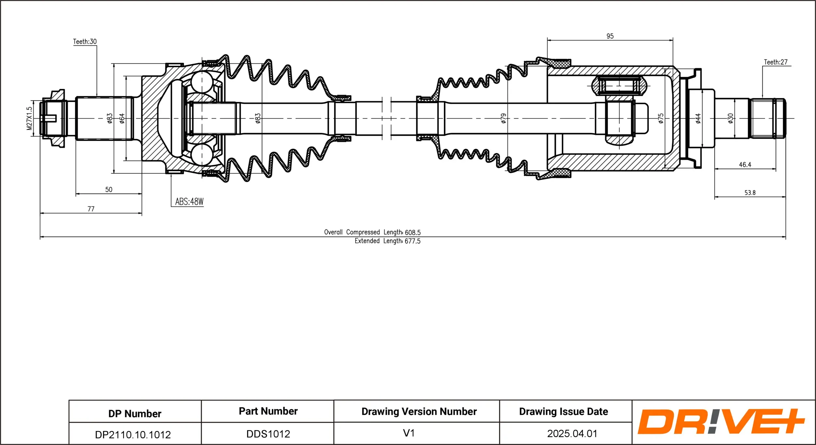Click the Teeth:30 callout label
click(x=85, y=41)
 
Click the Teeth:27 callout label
click(x=776, y=62)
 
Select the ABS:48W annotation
click(x=189, y=202)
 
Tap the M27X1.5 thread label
click(x=29, y=118)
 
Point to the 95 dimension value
click(x=610, y=36)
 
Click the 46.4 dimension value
click(x=745, y=165)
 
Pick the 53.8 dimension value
click(x=750, y=193)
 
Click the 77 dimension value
click(x=91, y=209)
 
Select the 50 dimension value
click(x=109, y=190)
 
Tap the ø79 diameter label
click(x=504, y=118)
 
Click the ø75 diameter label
click(x=661, y=118)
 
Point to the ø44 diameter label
click(x=698, y=118)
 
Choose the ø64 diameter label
click(x=122, y=118)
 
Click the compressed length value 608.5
click(x=413, y=232)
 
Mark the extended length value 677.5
click(x=413, y=241)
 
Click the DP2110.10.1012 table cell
click(x=133, y=435)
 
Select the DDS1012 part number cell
click(x=268, y=434)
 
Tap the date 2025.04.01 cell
click(x=572, y=434)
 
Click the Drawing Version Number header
click(x=419, y=411)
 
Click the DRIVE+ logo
click(x=721, y=421)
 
